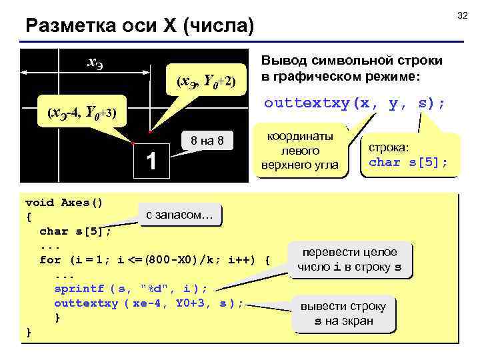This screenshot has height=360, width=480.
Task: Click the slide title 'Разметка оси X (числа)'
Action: [139, 26]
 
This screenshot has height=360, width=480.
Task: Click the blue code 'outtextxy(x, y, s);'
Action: [355, 104]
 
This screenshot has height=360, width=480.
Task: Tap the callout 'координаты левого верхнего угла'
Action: [301, 151]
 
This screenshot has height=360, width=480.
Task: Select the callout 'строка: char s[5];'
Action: [409, 154]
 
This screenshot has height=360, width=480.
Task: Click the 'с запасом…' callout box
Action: [179, 215]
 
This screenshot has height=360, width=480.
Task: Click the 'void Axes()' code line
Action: [63, 202]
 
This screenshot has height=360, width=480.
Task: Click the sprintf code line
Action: [131, 288]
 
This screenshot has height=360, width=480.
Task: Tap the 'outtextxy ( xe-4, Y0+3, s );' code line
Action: [149, 303]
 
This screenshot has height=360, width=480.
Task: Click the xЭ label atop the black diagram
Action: [95, 63]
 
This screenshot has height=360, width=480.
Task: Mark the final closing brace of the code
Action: [28, 331]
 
